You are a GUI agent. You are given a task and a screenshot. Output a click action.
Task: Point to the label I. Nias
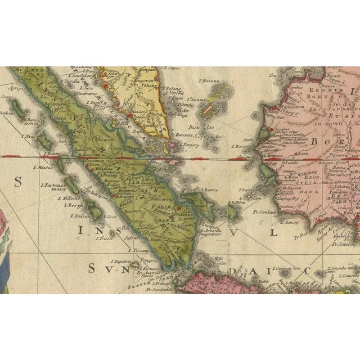[28, 136]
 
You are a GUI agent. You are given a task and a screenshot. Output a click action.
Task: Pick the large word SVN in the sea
[100, 269]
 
